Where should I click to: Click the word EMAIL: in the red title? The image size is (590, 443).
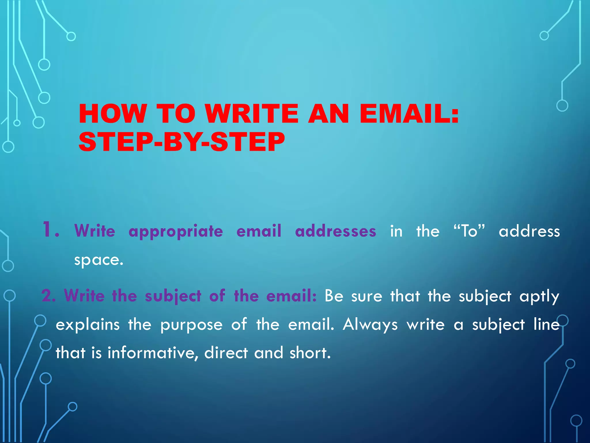click(409, 114)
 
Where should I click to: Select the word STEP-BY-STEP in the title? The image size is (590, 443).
click(182, 142)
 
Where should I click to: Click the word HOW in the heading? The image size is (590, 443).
click(113, 114)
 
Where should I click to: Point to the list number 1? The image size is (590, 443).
click(50, 230)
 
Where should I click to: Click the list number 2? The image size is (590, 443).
click(49, 296)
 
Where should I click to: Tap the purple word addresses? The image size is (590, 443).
click(336, 231)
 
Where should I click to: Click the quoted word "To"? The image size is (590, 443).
click(469, 231)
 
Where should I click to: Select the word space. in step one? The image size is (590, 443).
click(99, 260)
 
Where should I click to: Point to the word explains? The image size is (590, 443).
click(88, 325)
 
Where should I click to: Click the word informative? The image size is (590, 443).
click(153, 353)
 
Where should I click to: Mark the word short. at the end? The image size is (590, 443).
click(310, 353)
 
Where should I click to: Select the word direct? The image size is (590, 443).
click(226, 353)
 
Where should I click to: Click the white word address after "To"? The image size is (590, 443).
click(529, 231)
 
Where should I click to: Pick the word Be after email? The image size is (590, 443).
click(334, 296)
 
